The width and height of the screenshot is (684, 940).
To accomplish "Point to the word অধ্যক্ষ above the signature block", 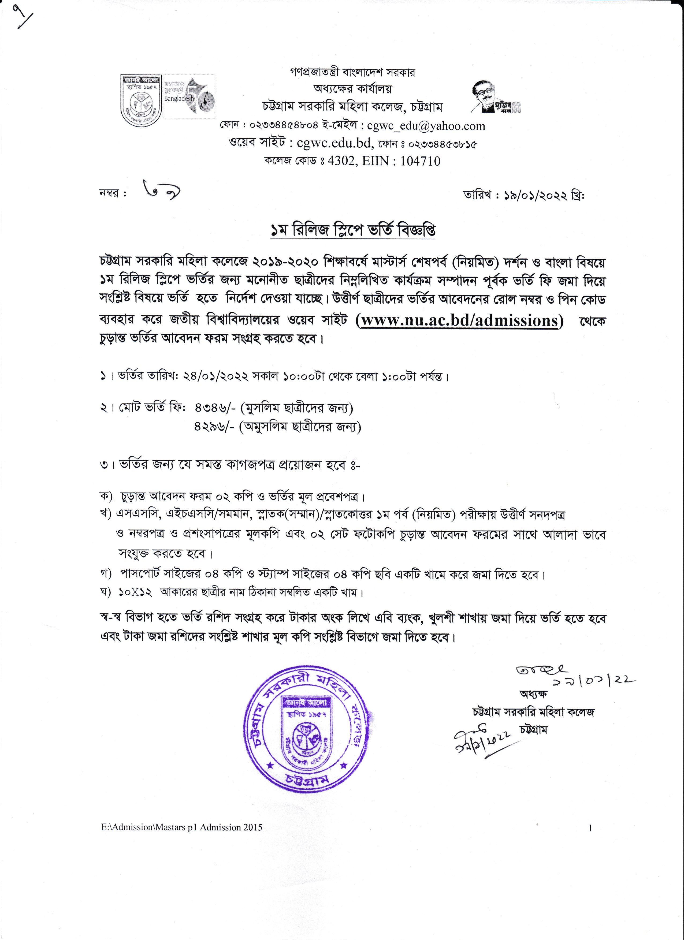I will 533,694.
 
